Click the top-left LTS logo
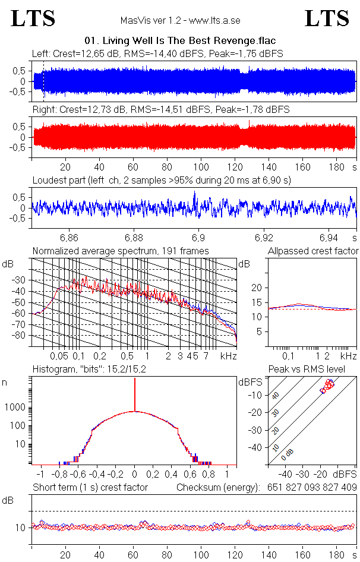point(33,19)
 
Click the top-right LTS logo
point(326,19)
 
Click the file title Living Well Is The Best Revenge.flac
point(181,41)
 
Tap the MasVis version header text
point(180,20)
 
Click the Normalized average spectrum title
point(121,251)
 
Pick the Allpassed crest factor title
point(313,251)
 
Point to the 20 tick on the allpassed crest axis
point(257,288)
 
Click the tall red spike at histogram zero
point(135,395)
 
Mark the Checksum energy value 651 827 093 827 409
point(310,488)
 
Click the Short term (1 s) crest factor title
point(90,488)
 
